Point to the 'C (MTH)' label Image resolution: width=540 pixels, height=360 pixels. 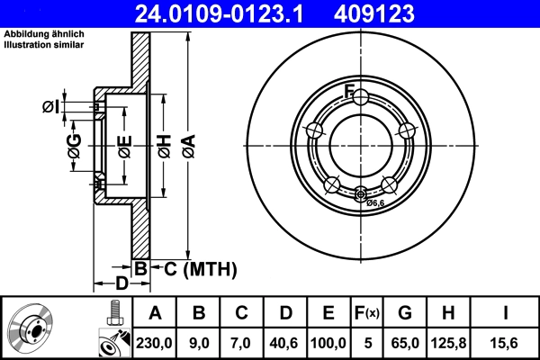coord(199,268)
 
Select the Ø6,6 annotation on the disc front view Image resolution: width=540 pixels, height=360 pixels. coord(375,203)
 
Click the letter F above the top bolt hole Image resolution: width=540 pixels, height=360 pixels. coord(349,88)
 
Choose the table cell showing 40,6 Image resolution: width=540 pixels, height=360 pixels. coord(284,341)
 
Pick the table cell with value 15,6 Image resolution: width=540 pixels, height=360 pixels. coord(507,341)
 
